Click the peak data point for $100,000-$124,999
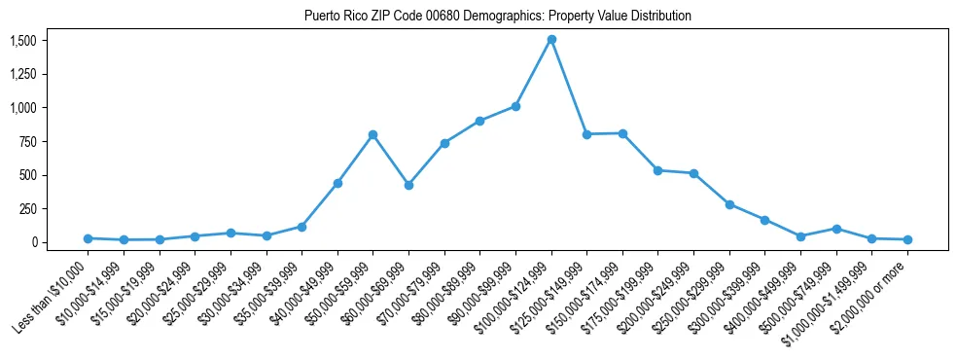pos(551,40)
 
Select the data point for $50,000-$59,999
pos(372,134)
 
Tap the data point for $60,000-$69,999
pos(408,185)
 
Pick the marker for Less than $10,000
pos(88,238)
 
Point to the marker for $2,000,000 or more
pos(907,239)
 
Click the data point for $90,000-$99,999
pos(515,106)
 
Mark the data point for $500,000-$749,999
pos(836,229)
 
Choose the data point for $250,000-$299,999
pos(729,204)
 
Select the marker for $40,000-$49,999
pos(337,183)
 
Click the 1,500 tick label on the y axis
pos(23,41)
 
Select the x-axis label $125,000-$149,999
pos(553,293)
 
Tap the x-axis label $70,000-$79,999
pos(411,292)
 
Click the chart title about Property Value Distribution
pos(498,16)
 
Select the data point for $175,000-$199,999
pos(658,170)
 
